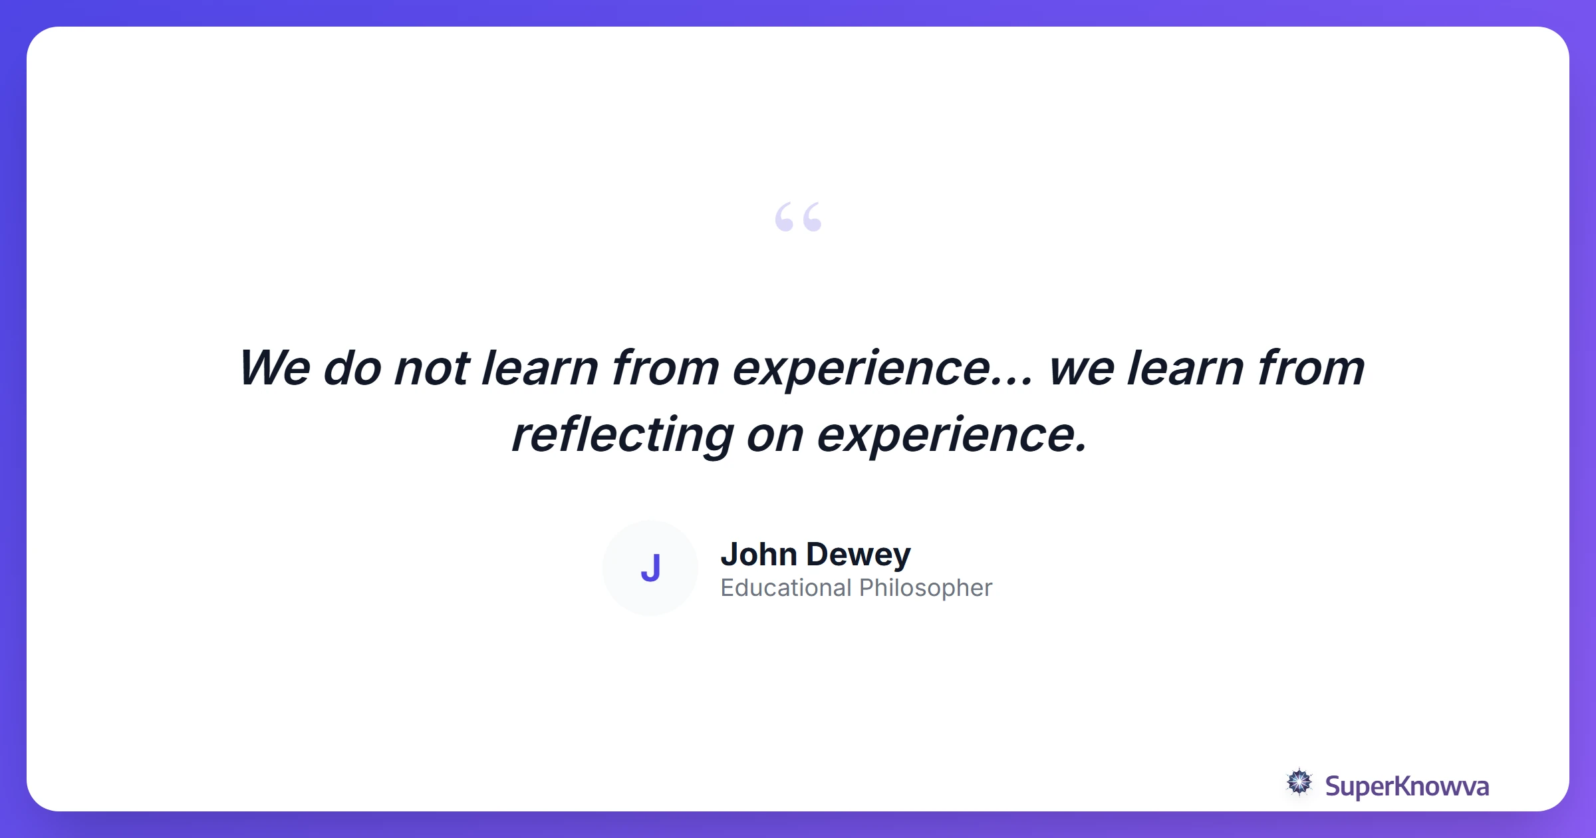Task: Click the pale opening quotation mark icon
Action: pos(798,217)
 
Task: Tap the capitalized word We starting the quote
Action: pos(275,368)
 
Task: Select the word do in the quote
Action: pos(352,368)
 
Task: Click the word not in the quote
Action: pos(432,368)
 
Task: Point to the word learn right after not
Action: pos(539,368)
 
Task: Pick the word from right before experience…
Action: pos(665,368)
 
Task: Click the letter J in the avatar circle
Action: pos(650,568)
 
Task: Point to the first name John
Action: pos(759,554)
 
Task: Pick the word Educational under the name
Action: pos(785,588)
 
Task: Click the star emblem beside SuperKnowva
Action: pos(1299,783)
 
